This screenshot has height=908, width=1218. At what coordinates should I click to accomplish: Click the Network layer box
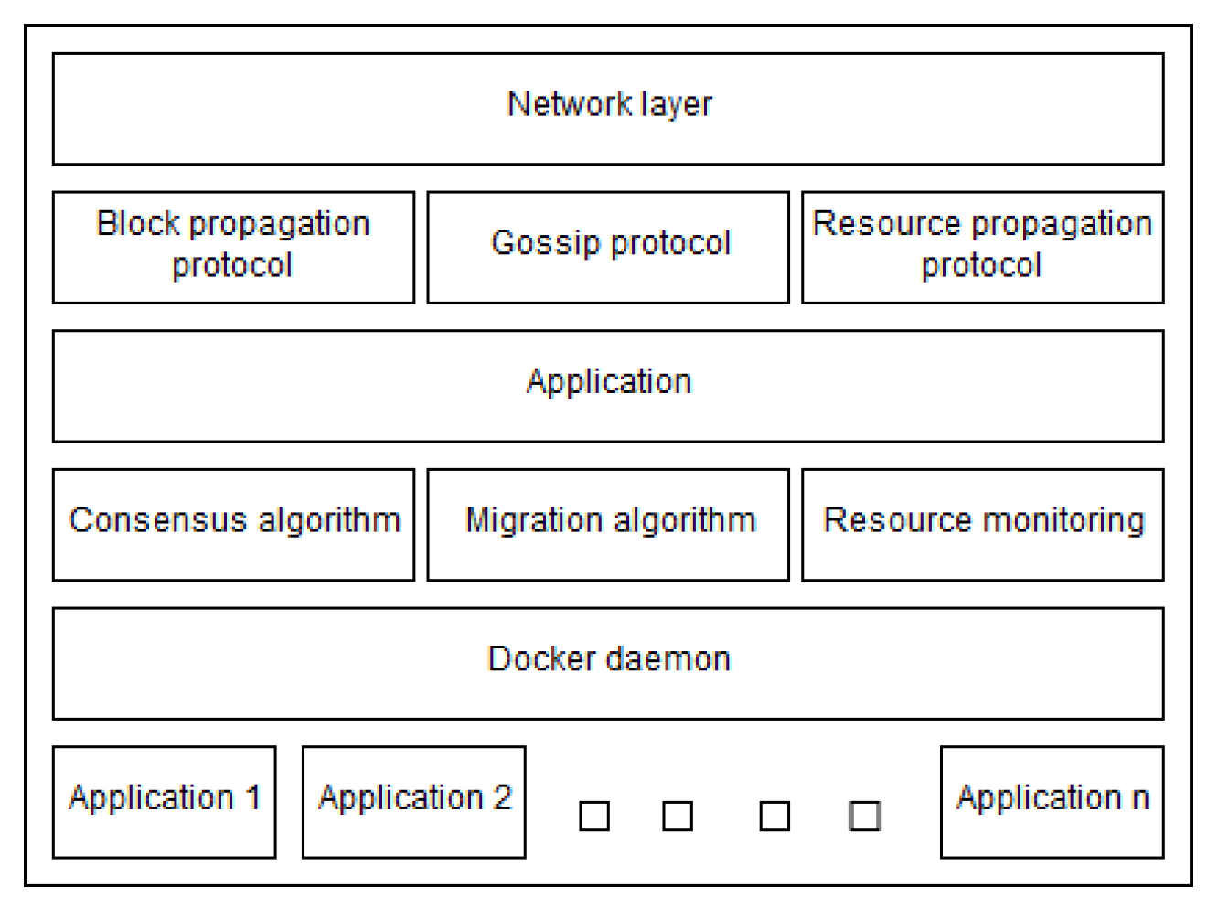[608, 109]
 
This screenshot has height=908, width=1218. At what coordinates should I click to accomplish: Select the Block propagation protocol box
[233, 247]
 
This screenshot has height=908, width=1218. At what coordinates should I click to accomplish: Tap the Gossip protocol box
[608, 247]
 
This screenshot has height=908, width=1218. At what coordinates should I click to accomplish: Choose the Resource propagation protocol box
[982, 247]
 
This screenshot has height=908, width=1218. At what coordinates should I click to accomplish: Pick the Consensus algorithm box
[233, 524]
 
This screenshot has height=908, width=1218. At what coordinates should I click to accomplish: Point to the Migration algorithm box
[608, 524]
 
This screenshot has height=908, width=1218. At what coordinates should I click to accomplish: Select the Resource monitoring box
[982, 524]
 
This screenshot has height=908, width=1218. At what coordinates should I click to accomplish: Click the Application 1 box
[165, 802]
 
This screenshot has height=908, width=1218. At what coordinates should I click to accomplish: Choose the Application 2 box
[413, 802]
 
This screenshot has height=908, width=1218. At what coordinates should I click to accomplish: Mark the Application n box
[1052, 802]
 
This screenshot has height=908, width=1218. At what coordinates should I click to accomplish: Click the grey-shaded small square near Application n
[864, 816]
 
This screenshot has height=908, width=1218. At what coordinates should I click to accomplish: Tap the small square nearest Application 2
[594, 816]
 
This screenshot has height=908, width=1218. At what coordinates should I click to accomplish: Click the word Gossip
[545, 243]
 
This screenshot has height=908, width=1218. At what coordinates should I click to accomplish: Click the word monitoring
[1062, 520]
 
